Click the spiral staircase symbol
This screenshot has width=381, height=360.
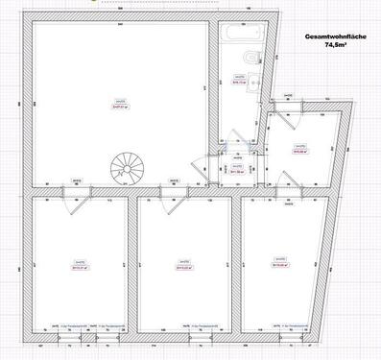[125, 169]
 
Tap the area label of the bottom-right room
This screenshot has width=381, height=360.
[279, 266]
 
